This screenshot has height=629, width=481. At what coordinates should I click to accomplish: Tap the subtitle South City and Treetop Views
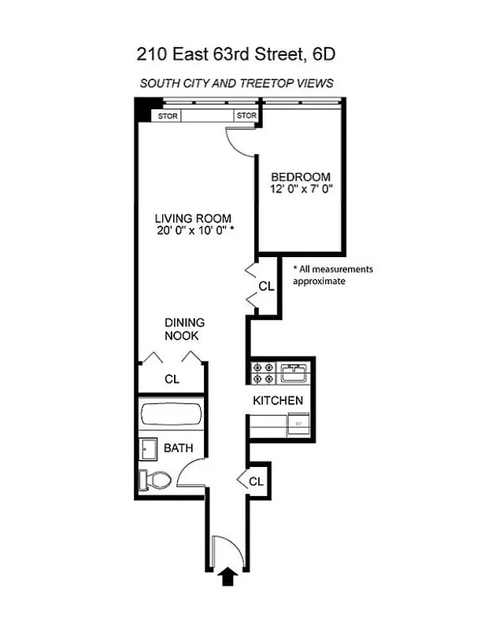coord(237,83)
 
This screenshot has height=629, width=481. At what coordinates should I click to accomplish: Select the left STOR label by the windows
coord(168,116)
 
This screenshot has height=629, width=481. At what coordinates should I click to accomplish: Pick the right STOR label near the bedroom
coord(246,116)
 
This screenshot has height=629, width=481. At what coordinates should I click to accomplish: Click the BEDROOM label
coord(301,177)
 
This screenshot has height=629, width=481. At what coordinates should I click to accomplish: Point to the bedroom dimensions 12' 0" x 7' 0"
coord(301,189)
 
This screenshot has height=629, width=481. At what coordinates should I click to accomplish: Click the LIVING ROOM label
coord(193,218)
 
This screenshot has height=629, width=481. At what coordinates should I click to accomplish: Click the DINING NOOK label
coord(185,329)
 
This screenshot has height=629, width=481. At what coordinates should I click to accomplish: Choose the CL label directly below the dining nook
coord(172,379)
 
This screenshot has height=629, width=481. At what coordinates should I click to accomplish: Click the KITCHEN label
coord(278,401)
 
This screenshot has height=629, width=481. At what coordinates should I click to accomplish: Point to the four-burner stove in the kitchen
coord(263,373)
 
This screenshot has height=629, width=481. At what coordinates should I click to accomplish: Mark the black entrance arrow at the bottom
coord(228,578)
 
